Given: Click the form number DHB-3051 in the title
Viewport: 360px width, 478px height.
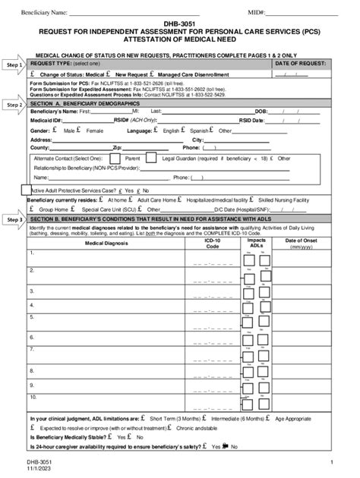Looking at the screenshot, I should [x=179, y=24].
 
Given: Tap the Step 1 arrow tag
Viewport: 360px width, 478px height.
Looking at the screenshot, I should [x=14, y=66].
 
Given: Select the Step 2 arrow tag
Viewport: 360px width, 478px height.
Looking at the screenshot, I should [x=14, y=103].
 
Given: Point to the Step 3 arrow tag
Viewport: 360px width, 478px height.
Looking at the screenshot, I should [x=14, y=219].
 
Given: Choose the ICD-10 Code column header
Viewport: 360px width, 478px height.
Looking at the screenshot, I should [x=212, y=243].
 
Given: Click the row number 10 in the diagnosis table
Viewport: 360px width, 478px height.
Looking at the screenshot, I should [x=33, y=396].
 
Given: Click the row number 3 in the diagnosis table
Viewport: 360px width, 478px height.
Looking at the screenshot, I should [x=32, y=291].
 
